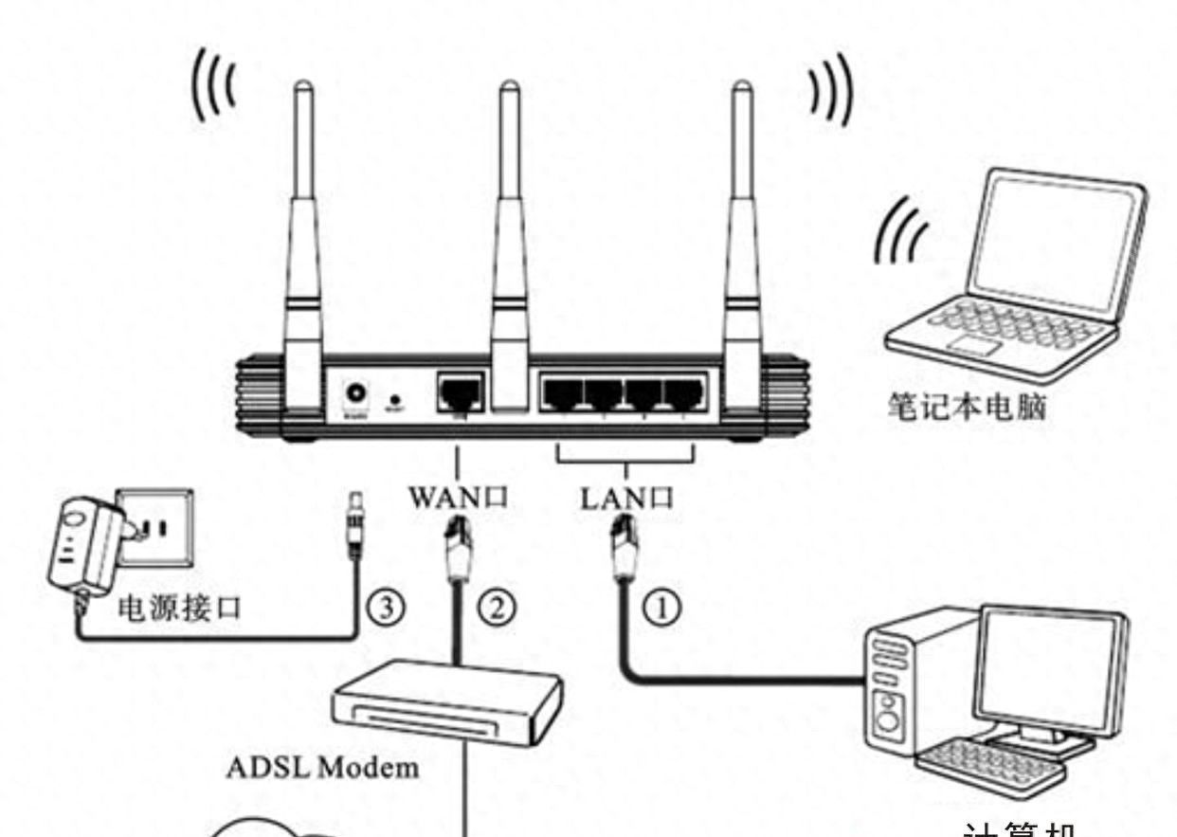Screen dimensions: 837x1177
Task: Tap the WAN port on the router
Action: pos(460,391)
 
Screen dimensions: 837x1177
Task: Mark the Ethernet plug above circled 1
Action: pos(625,549)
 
